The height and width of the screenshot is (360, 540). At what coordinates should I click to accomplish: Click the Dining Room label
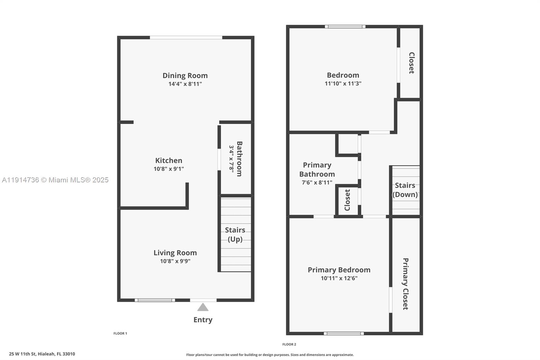point(185,75)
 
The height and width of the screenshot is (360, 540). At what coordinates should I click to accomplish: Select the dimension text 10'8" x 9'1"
point(169,169)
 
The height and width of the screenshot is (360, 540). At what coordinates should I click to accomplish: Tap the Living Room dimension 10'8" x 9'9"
point(175,261)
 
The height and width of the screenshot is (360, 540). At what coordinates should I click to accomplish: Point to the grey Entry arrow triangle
point(203,307)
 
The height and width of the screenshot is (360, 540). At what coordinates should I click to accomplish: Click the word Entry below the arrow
point(203,319)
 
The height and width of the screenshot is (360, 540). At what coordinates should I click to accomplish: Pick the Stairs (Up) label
point(235,234)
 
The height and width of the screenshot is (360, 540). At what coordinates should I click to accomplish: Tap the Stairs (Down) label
point(405,190)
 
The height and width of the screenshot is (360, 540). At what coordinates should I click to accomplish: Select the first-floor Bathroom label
point(239,159)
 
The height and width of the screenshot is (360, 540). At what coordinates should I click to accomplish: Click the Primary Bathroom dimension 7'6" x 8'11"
point(317,182)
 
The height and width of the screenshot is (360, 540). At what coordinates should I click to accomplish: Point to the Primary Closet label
point(406,284)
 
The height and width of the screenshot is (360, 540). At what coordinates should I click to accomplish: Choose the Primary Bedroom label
point(339,269)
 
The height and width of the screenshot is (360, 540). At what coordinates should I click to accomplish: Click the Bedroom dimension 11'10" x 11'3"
point(343,83)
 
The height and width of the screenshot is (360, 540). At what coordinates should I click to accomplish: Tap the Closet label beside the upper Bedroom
point(411,63)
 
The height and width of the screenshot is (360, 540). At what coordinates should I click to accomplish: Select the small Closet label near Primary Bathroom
point(347,200)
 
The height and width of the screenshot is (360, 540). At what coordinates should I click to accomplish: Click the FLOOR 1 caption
point(120,333)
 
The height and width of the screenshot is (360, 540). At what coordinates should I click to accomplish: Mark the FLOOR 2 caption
point(289,344)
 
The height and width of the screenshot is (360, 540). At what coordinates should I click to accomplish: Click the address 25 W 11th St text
point(42,354)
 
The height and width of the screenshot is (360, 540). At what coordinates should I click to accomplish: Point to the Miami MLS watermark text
point(55,180)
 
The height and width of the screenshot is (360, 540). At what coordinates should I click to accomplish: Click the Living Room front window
point(155,300)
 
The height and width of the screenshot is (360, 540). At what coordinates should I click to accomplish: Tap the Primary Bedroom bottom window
point(344,333)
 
